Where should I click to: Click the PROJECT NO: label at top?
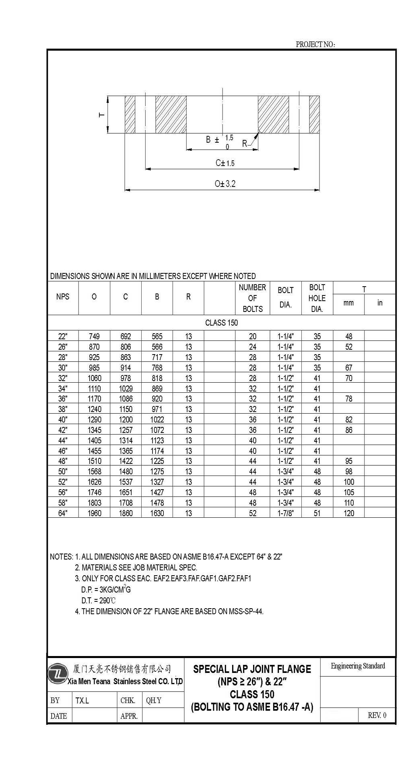click(x=315, y=44)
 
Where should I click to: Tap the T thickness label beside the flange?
click(x=102, y=115)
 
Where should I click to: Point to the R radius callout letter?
click(x=245, y=144)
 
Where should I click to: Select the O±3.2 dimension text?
click(x=225, y=184)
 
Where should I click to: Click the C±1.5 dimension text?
click(x=225, y=163)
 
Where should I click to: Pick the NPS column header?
click(x=63, y=297)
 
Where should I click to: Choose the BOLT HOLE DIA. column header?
click(x=317, y=298)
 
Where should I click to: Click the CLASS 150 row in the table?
click(x=221, y=322)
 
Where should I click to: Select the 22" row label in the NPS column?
click(x=63, y=336)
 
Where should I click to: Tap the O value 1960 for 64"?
click(x=94, y=513)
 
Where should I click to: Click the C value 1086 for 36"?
click(x=126, y=399)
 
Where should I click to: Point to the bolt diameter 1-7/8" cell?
click(x=285, y=513)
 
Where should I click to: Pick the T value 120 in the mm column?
click(x=349, y=513)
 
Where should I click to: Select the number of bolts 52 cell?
click(x=253, y=513)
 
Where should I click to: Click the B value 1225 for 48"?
click(x=157, y=461)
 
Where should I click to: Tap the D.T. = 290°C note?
click(x=99, y=601)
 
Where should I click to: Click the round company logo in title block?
click(x=58, y=674)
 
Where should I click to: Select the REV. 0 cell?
click(x=377, y=715)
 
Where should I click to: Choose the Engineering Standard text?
click(x=358, y=666)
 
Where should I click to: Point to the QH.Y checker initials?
click(x=154, y=700)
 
